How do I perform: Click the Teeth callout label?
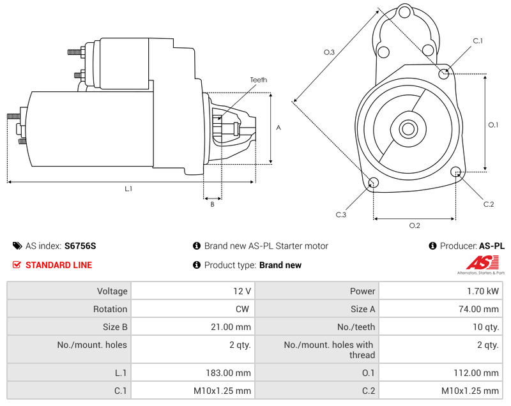point(258,80)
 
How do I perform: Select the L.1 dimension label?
point(128,188)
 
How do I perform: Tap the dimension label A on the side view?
point(278,128)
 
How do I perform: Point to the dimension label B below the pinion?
point(212,204)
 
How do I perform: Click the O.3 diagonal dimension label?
point(329,52)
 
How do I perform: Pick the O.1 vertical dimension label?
point(493,125)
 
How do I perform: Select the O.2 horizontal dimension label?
point(414,225)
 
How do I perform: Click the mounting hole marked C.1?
point(444,73)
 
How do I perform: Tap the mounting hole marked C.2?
point(456,172)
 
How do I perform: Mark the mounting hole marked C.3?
point(374,184)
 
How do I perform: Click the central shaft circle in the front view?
point(408,129)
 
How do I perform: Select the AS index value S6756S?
point(80,246)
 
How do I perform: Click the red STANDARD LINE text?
point(58,265)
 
